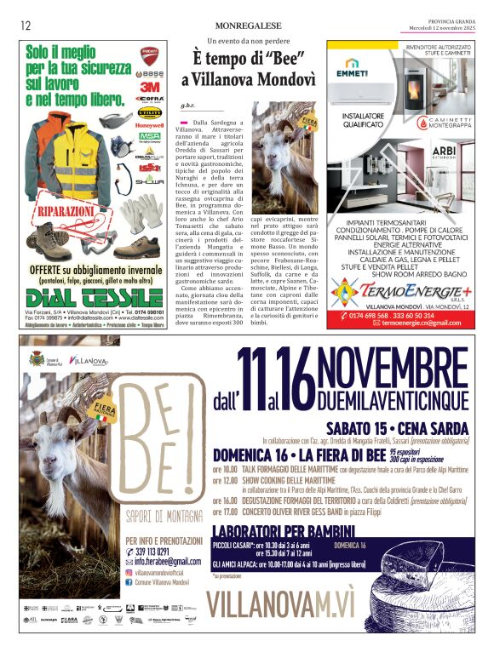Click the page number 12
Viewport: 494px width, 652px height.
tap(26, 26)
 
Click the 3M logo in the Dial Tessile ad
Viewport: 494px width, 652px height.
tap(150, 86)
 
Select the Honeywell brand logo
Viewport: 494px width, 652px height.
tap(150, 124)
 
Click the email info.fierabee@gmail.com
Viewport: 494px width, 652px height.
tap(167, 562)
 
